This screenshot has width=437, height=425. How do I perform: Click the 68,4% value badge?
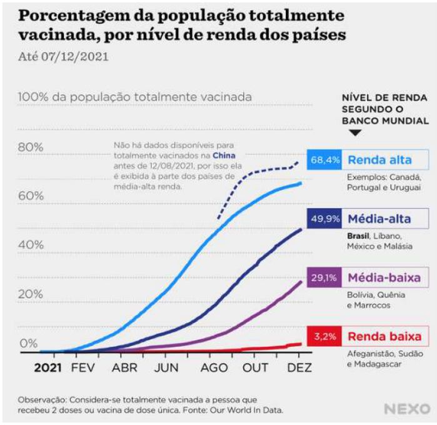(325, 160)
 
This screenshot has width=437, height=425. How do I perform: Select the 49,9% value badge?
(325, 219)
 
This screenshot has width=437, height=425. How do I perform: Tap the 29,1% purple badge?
(325, 277)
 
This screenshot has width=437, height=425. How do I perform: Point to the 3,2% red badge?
(325, 336)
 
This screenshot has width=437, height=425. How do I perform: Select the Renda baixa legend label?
(384, 336)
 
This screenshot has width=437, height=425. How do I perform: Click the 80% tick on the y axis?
(31, 147)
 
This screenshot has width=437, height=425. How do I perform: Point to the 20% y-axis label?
(31, 294)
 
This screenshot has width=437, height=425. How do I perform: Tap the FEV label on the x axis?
(83, 367)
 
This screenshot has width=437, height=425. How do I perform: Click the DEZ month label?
(299, 367)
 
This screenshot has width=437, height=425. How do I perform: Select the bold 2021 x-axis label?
(48, 367)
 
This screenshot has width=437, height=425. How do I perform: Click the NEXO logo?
(406, 409)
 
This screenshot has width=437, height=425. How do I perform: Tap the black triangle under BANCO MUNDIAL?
(355, 133)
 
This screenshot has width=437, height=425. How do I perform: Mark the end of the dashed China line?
(298, 162)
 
